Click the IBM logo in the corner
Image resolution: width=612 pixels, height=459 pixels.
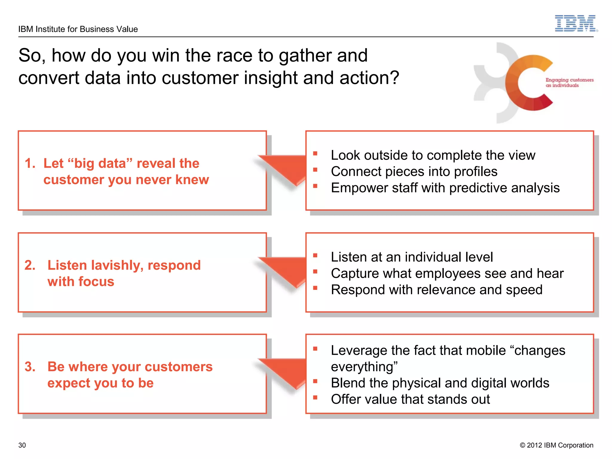[x=576, y=23]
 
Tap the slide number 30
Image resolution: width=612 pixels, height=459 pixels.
[x=22, y=445]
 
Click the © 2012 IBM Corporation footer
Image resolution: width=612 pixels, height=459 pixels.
[x=556, y=445]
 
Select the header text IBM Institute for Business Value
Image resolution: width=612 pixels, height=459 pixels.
[x=78, y=29]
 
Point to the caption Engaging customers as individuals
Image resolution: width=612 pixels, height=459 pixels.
[x=569, y=82]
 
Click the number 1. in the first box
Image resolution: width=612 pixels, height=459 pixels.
[x=30, y=163]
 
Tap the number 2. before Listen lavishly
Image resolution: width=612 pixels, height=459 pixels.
[x=30, y=265]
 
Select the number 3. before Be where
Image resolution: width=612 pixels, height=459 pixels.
[x=30, y=367]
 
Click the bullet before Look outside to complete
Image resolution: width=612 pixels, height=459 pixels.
[x=315, y=154]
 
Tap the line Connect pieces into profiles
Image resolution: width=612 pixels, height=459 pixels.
[x=414, y=172]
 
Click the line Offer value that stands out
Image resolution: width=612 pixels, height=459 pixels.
[x=410, y=400]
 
